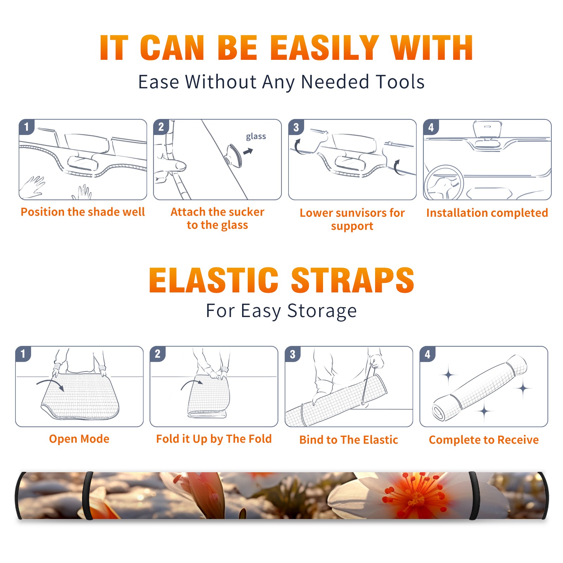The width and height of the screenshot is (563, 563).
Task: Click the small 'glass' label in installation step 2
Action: [x=256, y=137]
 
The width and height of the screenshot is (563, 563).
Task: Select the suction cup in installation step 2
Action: [x=234, y=155]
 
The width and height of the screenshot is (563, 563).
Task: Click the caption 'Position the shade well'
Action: [x=83, y=212]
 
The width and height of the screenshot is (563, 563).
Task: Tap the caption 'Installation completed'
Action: [x=487, y=213]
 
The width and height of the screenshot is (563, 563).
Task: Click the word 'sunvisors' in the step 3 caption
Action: [x=361, y=213]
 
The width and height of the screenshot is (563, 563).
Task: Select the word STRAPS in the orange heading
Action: [x=353, y=280]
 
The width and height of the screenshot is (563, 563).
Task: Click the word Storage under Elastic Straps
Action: [x=322, y=311]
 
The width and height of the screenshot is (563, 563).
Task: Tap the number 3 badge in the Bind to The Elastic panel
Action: [x=292, y=354]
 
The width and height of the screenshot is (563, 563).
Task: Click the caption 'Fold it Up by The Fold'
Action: [x=214, y=439]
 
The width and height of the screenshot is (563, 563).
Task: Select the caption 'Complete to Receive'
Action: [x=484, y=440]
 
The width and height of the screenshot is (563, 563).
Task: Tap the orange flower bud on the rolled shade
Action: [x=206, y=493]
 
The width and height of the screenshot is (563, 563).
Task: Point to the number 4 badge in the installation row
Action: [x=431, y=127]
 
